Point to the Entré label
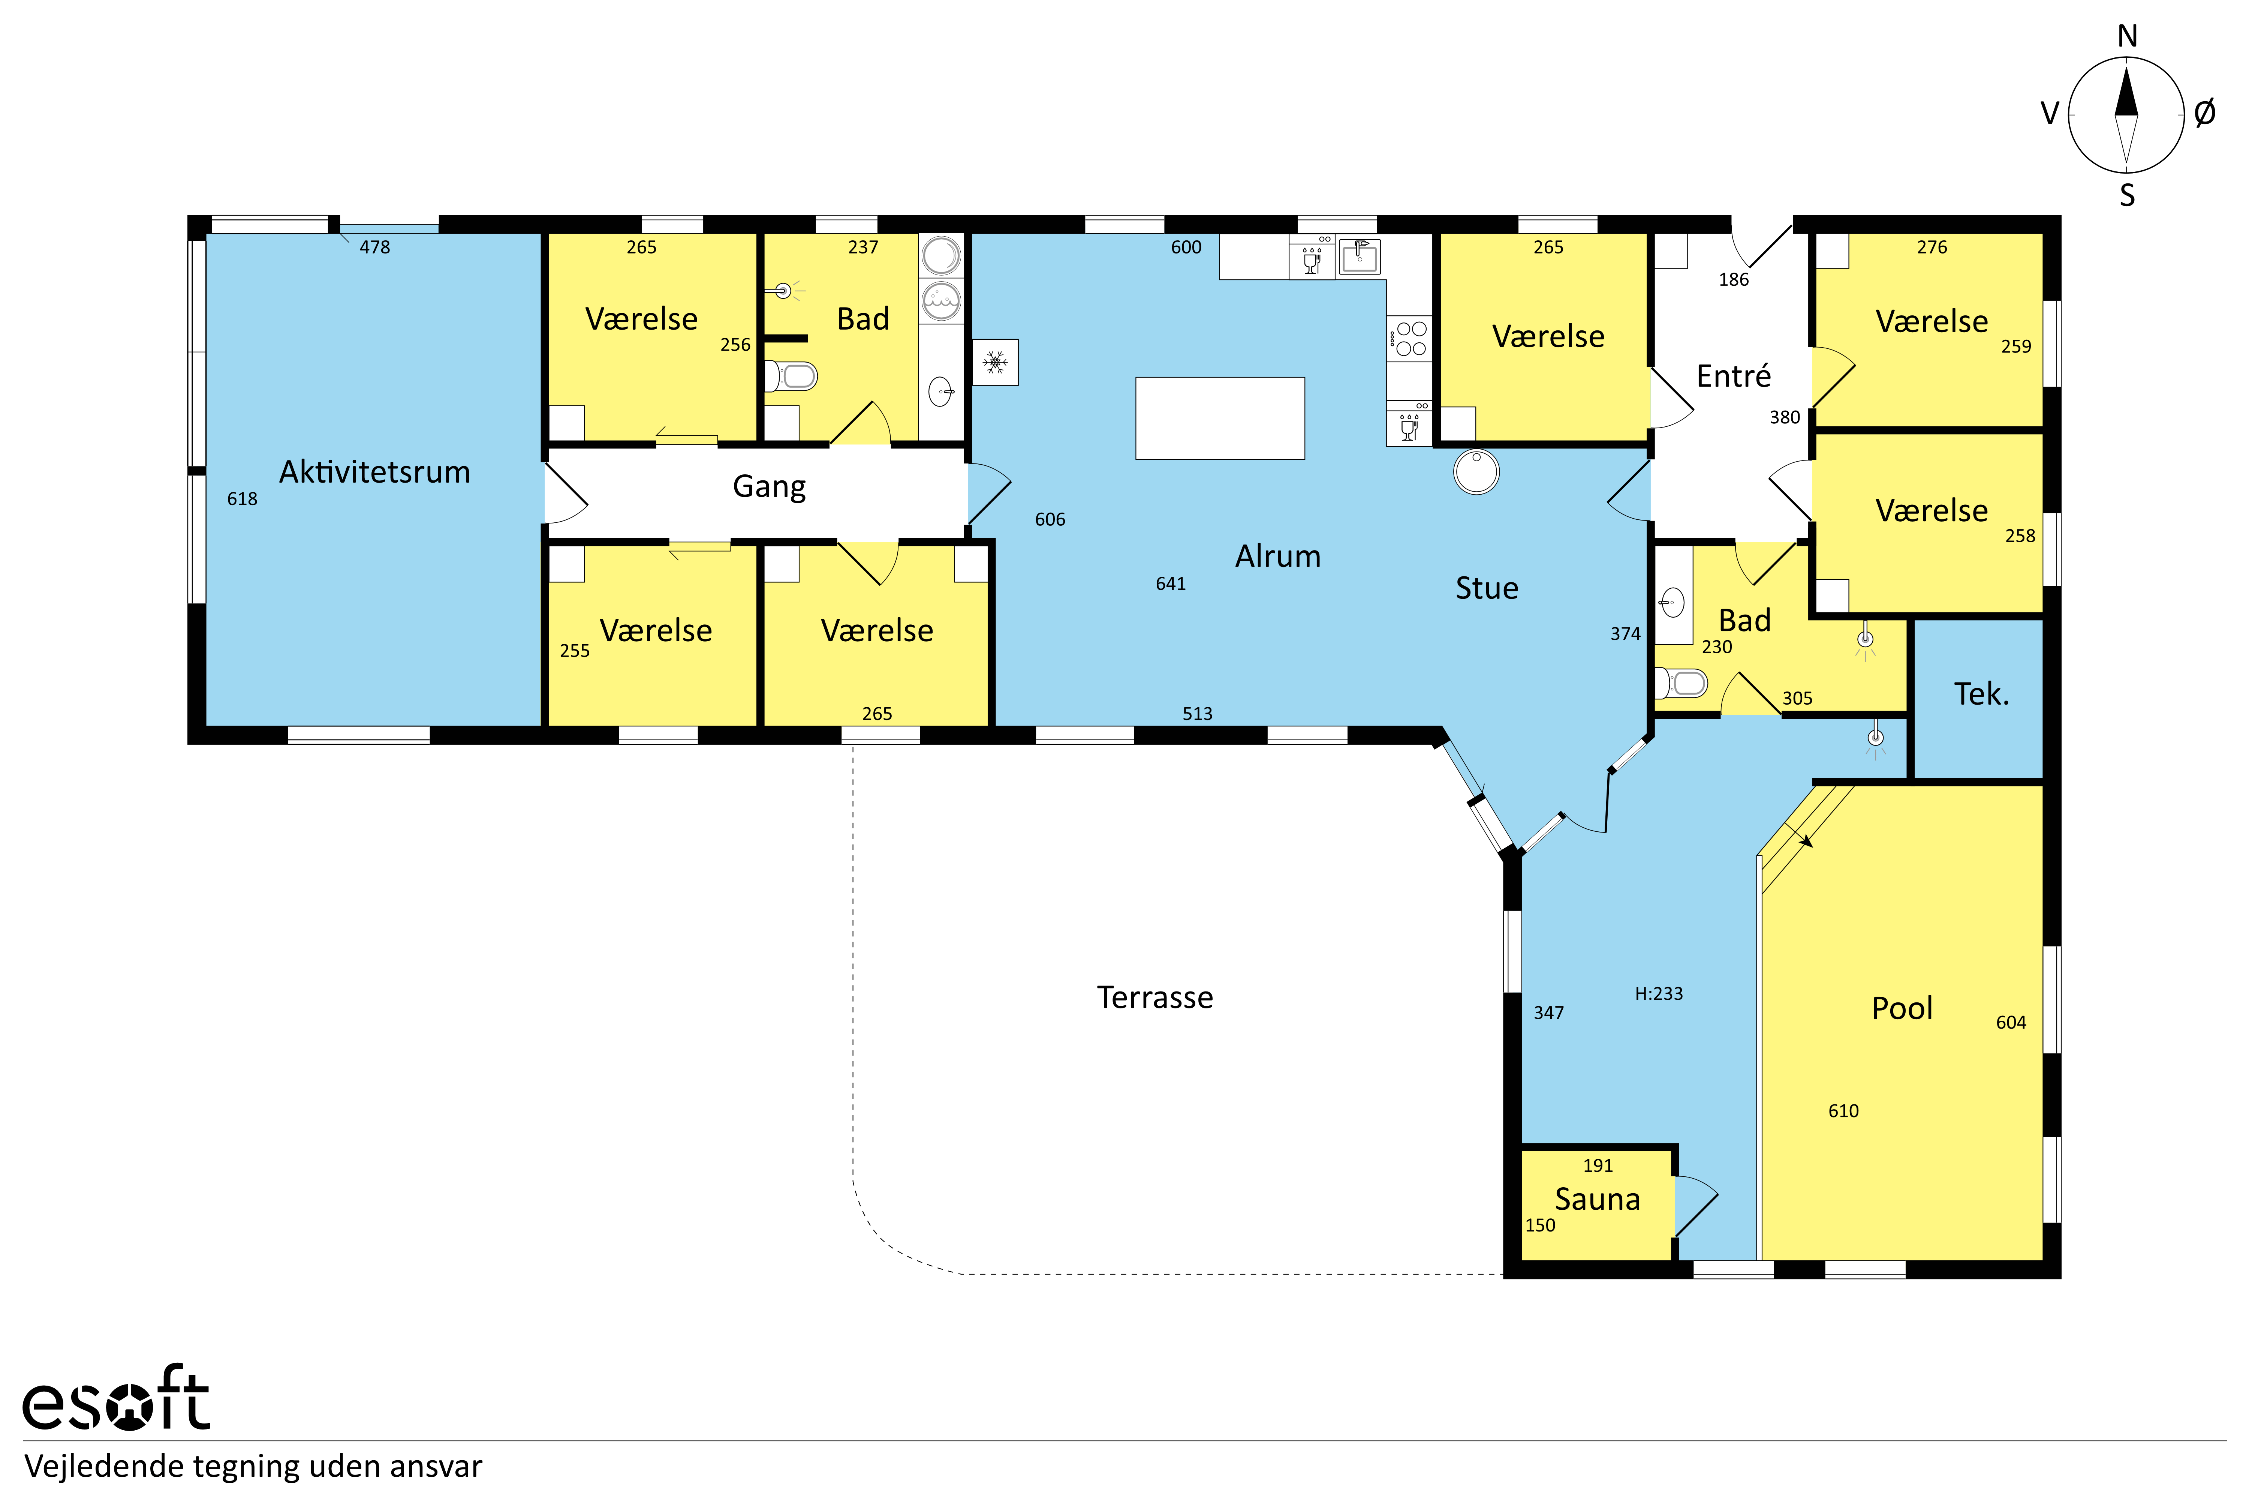[x=1732, y=376]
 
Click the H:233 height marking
[x=1658, y=994]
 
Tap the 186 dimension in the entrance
[x=1732, y=279]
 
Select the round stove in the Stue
[x=1476, y=472]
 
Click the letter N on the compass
[x=2126, y=36]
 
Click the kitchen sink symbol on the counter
[x=1359, y=256]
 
